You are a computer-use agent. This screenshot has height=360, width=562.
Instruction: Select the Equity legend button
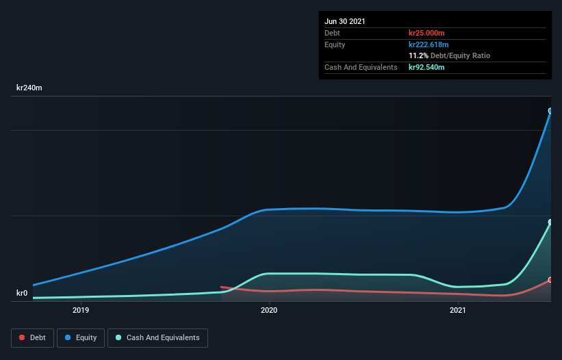(81, 337)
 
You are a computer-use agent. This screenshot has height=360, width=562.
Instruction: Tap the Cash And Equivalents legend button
(157, 337)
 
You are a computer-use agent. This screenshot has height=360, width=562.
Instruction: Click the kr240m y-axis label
(29, 88)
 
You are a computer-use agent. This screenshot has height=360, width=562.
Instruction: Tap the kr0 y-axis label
(22, 294)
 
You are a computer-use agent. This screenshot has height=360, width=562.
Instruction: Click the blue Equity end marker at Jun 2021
(550, 111)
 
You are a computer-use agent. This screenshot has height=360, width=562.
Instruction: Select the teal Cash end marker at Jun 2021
(550, 222)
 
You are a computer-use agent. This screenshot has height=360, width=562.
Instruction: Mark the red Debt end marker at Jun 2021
(550, 280)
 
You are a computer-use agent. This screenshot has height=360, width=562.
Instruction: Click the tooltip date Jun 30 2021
(345, 21)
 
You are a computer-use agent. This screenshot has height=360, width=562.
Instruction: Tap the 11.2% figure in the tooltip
(418, 55)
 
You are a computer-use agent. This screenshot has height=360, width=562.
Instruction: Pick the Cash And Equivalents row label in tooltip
(361, 67)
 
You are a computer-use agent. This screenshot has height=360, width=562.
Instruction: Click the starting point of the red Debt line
(221, 287)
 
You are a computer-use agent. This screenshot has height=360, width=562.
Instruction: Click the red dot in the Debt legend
(22, 337)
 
